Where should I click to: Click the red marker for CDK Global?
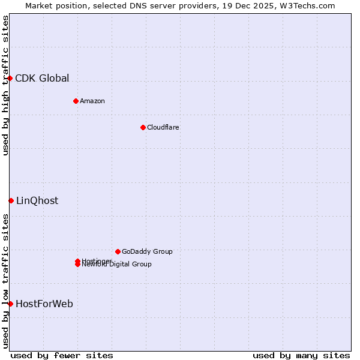[10, 78]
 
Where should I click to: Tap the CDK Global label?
[42, 78]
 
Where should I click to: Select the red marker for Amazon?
[76, 101]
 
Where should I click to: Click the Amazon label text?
[92, 101]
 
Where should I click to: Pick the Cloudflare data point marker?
[143, 127]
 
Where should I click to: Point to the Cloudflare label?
[163, 127]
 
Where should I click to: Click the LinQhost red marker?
[11, 200]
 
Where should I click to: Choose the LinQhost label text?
[37, 201]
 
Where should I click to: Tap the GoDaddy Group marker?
[118, 251]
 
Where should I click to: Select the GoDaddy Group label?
[147, 251]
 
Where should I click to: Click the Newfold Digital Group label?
[117, 265]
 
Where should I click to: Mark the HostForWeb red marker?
[10, 304]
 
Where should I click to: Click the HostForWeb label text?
[44, 304]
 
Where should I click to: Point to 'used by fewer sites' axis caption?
[62, 355]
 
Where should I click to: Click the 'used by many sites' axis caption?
[301, 355]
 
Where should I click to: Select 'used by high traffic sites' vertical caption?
[5, 85]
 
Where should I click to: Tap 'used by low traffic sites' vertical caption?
[5, 281]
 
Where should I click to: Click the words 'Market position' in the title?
[53, 5]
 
